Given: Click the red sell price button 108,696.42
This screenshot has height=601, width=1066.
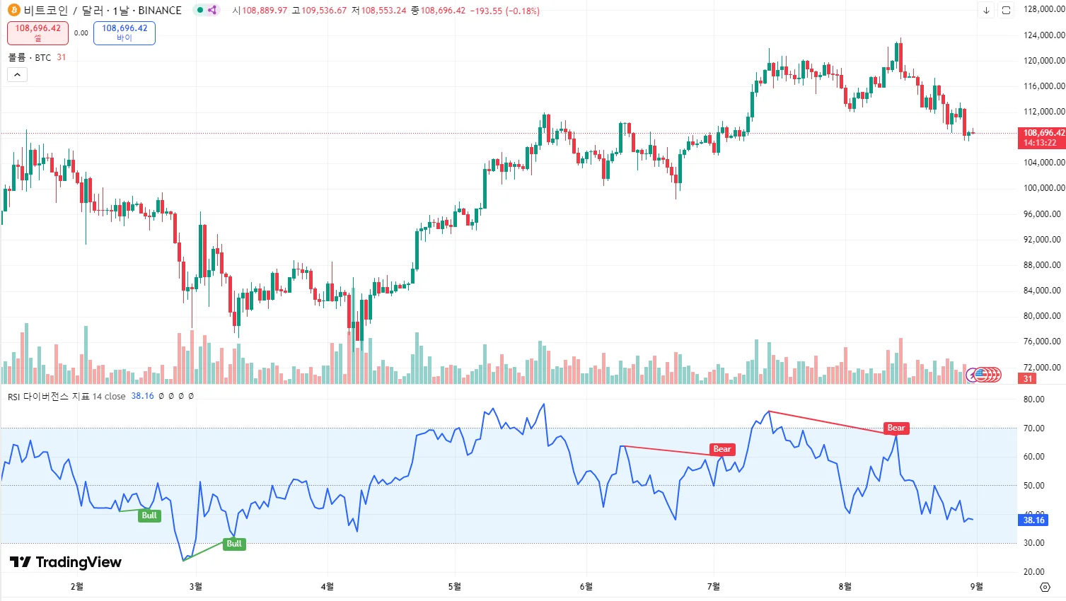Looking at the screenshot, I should (37, 33).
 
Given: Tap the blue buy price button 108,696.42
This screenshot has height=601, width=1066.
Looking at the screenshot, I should (124, 33).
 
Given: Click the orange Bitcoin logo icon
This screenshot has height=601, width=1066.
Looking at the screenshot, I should (13, 11).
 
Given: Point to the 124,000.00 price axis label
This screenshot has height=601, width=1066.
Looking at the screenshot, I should (1043, 35).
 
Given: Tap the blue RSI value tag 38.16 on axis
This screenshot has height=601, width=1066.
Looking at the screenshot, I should (1033, 520).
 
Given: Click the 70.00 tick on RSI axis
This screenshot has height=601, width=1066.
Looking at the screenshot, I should (1033, 428).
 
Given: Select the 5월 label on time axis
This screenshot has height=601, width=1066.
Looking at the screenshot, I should (455, 587).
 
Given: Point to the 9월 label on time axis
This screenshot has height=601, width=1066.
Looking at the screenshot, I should (976, 587).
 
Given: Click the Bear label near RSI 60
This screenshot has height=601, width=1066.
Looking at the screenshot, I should (722, 450).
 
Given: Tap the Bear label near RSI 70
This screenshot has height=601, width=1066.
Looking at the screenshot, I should (896, 428).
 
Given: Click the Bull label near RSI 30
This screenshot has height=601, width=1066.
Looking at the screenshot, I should (234, 544).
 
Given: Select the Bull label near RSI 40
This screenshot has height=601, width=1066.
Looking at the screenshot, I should (149, 515).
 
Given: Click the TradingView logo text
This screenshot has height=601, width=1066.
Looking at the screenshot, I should (66, 562).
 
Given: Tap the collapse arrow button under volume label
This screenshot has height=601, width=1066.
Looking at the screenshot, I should (18, 75).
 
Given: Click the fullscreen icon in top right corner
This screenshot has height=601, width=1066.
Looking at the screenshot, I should (1006, 11).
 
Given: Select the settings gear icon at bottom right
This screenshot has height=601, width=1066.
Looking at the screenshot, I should (1045, 588).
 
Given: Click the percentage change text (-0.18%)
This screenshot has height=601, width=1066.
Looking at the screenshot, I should (523, 11).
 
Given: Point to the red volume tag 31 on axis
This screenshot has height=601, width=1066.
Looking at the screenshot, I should (1027, 379).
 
